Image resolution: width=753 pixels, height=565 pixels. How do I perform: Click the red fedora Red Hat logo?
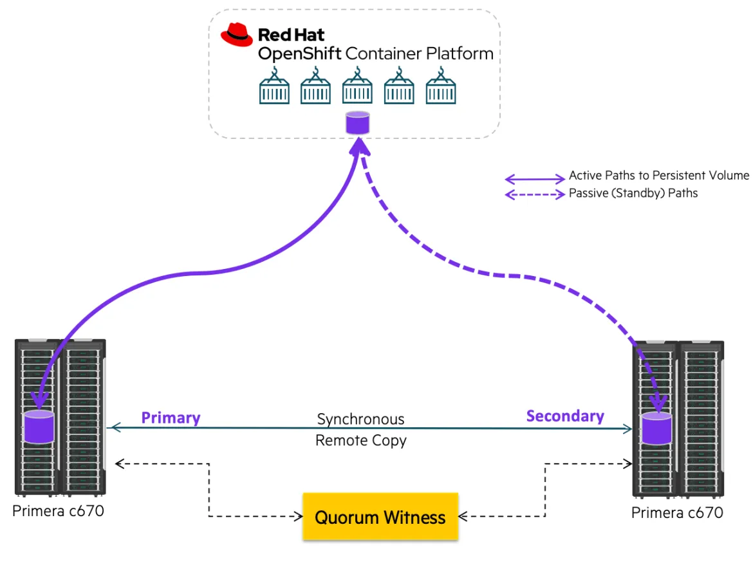click(x=237, y=35)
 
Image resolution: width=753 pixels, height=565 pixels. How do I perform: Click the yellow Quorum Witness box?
click(x=380, y=517)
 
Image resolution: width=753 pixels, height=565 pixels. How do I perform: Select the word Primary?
click(x=171, y=418)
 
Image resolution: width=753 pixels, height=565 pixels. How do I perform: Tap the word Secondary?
click(x=565, y=416)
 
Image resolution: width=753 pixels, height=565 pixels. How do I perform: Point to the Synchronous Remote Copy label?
click(x=360, y=430)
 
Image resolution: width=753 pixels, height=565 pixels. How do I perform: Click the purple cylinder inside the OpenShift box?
click(x=358, y=122)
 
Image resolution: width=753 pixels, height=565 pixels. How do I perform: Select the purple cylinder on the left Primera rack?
click(x=39, y=426)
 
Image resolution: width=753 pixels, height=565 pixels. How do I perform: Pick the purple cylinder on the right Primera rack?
click(x=656, y=429)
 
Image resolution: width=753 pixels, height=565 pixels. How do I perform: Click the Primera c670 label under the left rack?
click(x=58, y=512)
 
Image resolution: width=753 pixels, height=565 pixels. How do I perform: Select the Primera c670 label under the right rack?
click(x=677, y=513)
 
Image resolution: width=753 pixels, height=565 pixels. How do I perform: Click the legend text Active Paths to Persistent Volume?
click(x=659, y=175)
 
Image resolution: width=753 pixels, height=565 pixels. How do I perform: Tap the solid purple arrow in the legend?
click(x=534, y=178)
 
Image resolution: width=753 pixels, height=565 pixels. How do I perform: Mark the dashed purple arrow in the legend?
click(x=534, y=194)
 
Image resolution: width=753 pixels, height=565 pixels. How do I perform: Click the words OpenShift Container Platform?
click(x=376, y=53)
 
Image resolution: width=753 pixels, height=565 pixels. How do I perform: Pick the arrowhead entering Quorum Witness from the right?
click(x=463, y=516)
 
